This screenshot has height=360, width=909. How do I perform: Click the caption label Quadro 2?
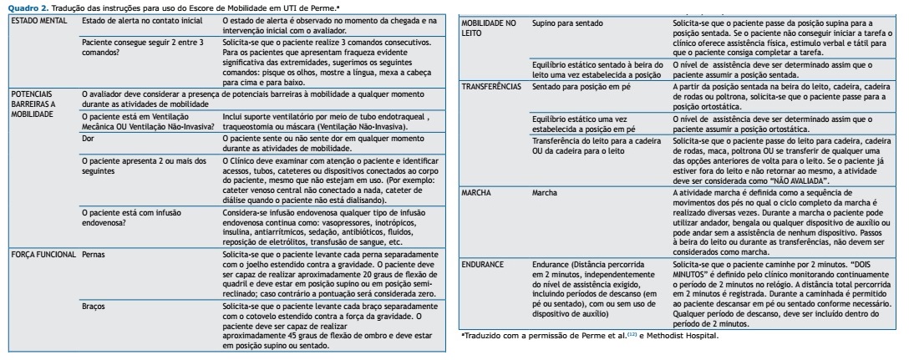[x=23, y=6]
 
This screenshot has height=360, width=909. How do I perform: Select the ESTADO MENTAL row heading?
[x=33, y=18]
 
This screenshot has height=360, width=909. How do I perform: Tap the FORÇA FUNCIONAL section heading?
[x=40, y=252]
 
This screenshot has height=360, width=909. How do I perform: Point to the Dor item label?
[x=89, y=138]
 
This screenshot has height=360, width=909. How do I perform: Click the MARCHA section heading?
[x=480, y=193]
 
